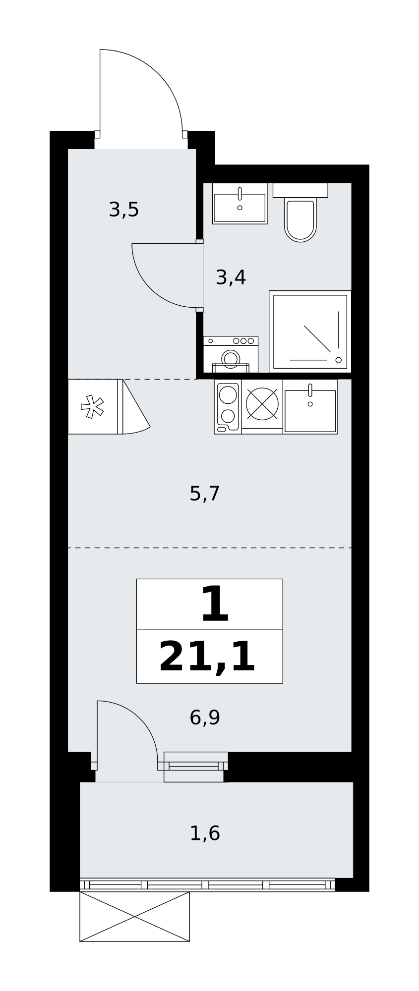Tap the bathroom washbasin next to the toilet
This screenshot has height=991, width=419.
240,203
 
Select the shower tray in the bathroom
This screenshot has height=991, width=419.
310,331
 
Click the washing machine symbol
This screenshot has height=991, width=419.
231,354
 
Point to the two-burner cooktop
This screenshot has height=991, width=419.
228,406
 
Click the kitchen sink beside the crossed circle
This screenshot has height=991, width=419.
310,407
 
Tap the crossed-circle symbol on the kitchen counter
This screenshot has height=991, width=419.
262,402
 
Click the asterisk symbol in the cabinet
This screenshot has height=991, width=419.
93,406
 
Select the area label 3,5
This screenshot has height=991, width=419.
124,210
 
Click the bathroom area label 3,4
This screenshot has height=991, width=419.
231,277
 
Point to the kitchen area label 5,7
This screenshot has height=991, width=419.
205,494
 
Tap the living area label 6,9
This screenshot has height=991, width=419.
205,717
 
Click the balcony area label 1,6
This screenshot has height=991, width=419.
205,833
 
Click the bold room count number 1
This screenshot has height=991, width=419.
215,605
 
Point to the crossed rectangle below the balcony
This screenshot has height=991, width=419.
134,917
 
